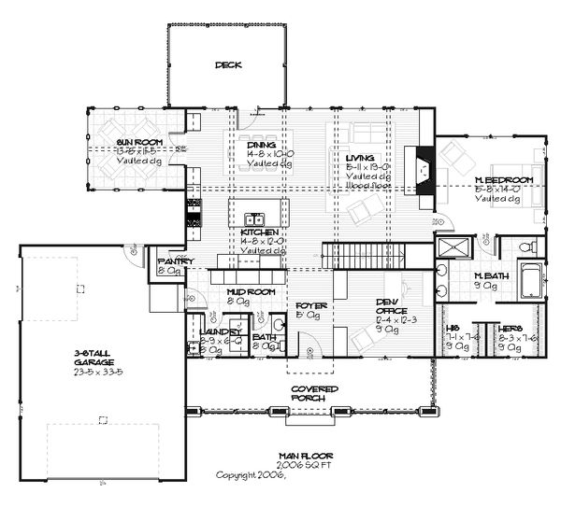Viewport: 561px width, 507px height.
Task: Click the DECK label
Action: pos(227,65)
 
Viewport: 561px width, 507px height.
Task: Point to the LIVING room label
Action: pos(362,159)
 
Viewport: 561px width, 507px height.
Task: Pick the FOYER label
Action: pos(309,305)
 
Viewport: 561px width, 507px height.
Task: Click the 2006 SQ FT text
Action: pos(306,464)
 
